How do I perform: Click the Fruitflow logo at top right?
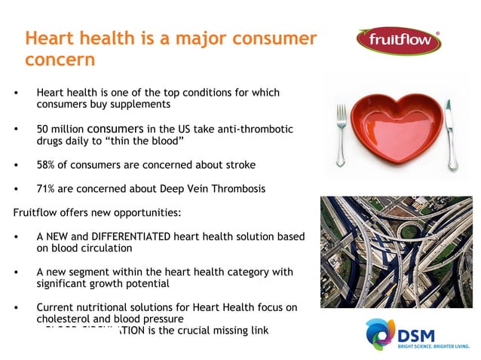399,41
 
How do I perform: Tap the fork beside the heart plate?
341,133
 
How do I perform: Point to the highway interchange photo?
395,252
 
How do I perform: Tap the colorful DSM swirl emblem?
379,334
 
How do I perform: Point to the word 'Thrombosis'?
238,188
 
